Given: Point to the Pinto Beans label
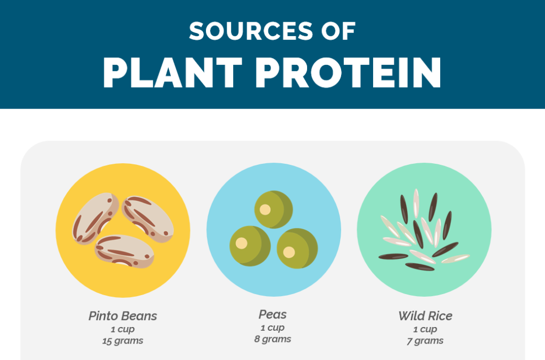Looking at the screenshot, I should pos(123,316).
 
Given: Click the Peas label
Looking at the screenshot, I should pos(272,314).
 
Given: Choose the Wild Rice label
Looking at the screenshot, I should pos(425,316).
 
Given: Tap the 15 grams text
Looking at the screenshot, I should pos(123,341).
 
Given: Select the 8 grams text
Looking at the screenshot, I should pos(272,339).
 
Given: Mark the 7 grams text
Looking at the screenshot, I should pos(425,341).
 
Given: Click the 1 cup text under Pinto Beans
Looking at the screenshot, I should pos(123,329).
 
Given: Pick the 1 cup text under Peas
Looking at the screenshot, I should pos(272,328).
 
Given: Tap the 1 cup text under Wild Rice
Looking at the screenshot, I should pos(425,329).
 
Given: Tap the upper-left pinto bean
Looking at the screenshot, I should pos(96,219).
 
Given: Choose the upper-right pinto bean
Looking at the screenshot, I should pos(148,216).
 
